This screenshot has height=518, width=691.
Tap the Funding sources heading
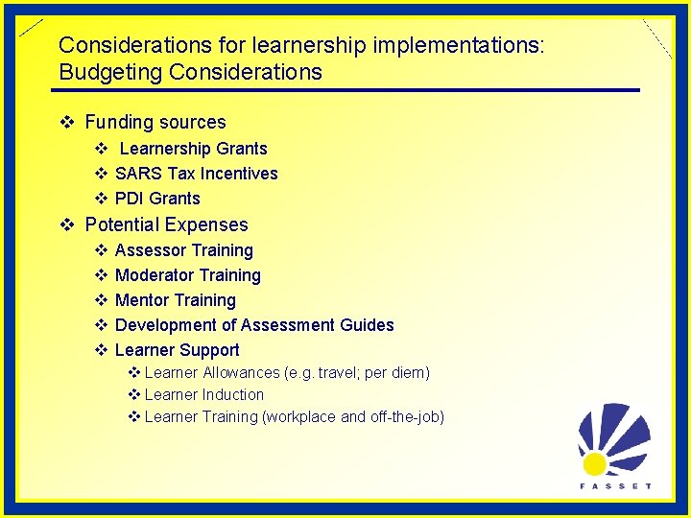pyautogui.click(x=155, y=122)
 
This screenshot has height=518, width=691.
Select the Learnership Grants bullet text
pyautogui.click(x=193, y=149)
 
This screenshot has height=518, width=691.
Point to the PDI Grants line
pyautogui.click(x=157, y=199)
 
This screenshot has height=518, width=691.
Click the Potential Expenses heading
pyautogui.click(x=166, y=224)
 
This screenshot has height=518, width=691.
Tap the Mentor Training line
pyautogui.click(x=175, y=300)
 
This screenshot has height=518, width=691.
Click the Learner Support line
pyautogui.click(x=177, y=350)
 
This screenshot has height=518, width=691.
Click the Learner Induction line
pyautogui.click(x=203, y=394)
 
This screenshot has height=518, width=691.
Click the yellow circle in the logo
pyautogui.click(x=594, y=464)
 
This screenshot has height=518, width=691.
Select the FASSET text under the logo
pyautogui.click(x=615, y=486)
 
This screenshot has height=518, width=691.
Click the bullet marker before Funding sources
pyautogui.click(x=67, y=122)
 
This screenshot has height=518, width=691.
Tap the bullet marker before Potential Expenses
pyautogui.click(x=67, y=224)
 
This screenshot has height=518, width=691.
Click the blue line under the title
pyautogui.click(x=345, y=90)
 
